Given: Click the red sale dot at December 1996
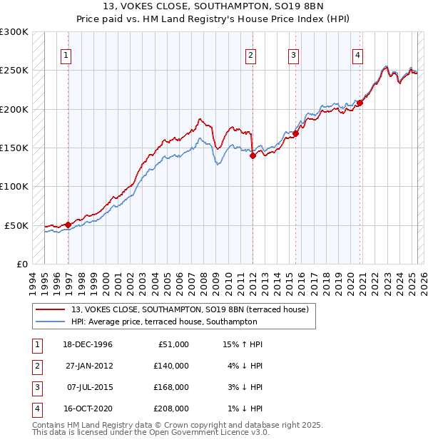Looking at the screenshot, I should click(x=68, y=225).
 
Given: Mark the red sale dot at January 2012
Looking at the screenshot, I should click(x=253, y=156).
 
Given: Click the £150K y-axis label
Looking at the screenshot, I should click(x=14, y=148).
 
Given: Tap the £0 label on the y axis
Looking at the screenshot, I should click(x=21, y=264).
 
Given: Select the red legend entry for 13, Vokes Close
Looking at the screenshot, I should click(x=189, y=309).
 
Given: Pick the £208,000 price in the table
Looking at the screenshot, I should click(x=171, y=409).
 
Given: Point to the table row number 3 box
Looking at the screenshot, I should click(x=36, y=388).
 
